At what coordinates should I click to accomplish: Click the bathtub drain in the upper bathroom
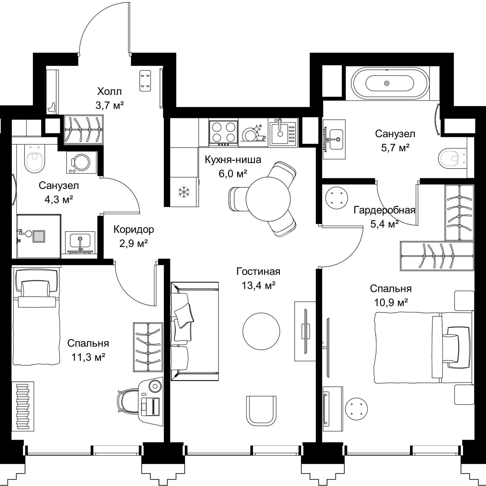click(387, 83)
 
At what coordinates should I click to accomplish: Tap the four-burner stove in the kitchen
click(224, 133)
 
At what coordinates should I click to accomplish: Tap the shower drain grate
click(39, 236)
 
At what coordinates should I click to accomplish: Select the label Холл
click(109, 91)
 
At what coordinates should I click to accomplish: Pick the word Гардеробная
click(384, 210)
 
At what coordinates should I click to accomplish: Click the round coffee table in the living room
click(261, 331)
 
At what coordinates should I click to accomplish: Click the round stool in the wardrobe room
click(336, 198)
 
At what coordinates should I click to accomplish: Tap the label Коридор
click(134, 230)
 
